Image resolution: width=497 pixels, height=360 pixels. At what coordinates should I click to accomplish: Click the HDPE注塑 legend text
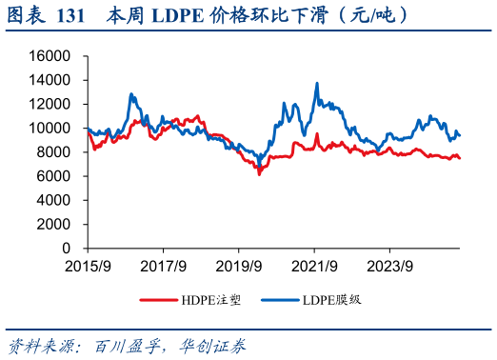[x=210, y=299]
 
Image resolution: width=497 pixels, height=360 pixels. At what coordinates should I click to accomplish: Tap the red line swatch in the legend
[x=158, y=299]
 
